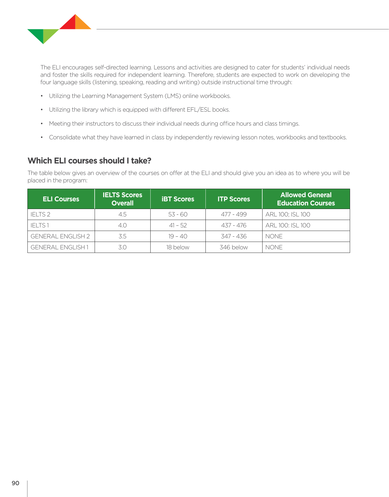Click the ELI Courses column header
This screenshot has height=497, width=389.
(x=61, y=199)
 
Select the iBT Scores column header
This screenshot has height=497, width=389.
(x=178, y=199)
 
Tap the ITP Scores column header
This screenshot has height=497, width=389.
(x=234, y=199)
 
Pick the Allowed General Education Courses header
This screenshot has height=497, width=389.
(x=306, y=199)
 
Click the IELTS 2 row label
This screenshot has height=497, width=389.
(x=41, y=214)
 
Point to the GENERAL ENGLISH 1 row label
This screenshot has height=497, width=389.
(x=60, y=247)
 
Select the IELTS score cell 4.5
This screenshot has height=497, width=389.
(x=122, y=214)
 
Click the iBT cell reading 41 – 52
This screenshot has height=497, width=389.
(x=178, y=225)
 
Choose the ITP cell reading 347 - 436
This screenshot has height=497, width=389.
(x=234, y=236)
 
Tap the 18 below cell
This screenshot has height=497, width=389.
(x=178, y=247)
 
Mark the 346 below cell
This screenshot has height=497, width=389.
(x=234, y=247)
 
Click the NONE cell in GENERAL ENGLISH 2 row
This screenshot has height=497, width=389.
(x=274, y=236)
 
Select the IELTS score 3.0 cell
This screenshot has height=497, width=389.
(x=122, y=247)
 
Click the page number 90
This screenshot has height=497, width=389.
(x=15, y=483)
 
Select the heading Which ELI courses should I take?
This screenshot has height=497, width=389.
(x=89, y=161)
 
